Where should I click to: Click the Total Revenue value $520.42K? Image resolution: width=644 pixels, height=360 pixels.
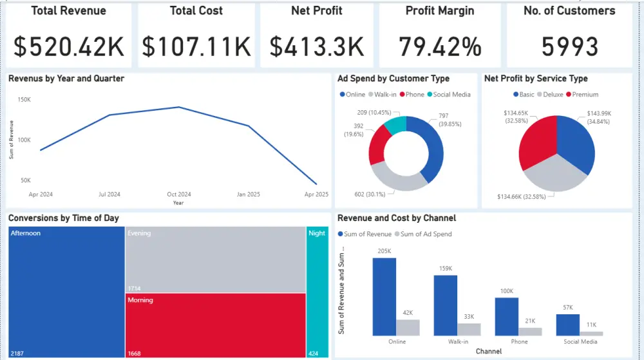(x=70, y=46)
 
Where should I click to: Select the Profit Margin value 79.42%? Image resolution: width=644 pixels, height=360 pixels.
(x=440, y=46)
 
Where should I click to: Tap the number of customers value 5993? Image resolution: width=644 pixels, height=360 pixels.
(x=569, y=46)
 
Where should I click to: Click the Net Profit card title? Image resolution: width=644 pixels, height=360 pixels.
(x=316, y=11)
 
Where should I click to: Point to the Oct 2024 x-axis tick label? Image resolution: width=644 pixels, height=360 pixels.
(x=179, y=194)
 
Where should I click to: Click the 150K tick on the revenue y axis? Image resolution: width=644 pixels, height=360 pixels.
(x=24, y=100)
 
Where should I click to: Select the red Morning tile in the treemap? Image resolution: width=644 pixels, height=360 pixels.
(x=215, y=325)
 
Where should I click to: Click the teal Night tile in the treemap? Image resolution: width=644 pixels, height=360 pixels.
(x=317, y=290)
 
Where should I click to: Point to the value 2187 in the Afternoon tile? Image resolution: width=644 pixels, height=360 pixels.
(x=17, y=353)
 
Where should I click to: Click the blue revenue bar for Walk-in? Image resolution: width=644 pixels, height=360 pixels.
(x=445, y=305)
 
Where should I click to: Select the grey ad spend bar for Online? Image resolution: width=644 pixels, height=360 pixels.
(x=408, y=327)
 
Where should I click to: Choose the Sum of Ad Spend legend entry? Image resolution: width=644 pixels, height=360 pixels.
(x=426, y=234)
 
